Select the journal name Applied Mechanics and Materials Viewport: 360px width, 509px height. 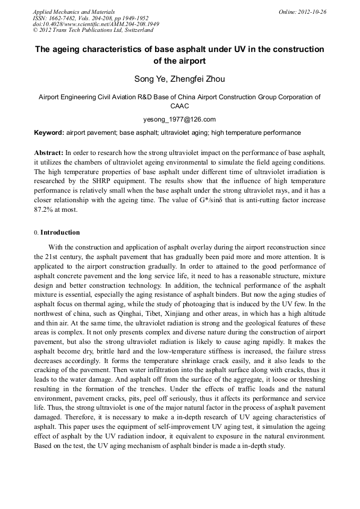[x=74, y=12]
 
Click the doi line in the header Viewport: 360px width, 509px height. [x=96, y=24]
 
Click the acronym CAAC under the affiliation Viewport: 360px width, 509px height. [x=179, y=106]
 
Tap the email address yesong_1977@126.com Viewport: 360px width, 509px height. [x=179, y=119]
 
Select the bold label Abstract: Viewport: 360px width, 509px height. [x=49, y=152]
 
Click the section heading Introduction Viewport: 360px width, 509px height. [x=60, y=232]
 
